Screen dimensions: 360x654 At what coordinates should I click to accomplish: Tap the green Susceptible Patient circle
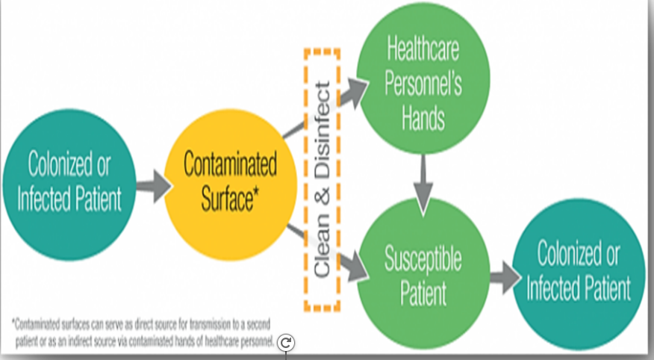423,273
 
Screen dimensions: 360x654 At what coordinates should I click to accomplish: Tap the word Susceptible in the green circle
423,260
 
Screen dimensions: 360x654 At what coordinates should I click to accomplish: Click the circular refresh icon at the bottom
286,343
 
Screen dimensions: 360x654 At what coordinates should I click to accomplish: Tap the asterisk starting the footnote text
13,323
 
